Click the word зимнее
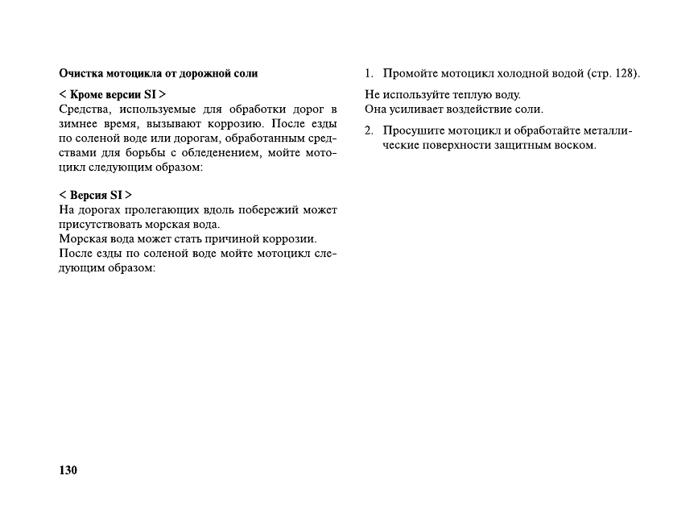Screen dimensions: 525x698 (x=80, y=124)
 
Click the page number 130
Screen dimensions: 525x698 (x=68, y=470)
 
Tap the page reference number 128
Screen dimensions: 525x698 (x=625, y=74)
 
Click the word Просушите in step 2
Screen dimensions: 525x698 (x=411, y=130)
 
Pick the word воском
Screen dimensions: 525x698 (x=573, y=145)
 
